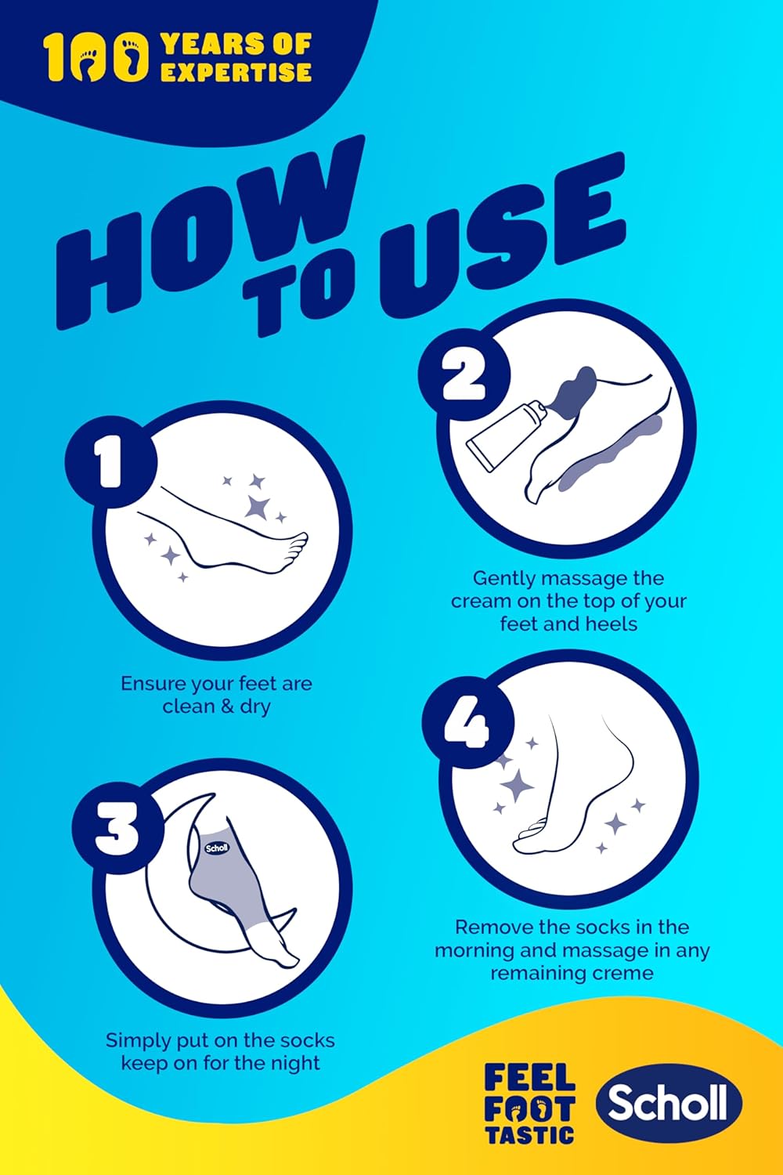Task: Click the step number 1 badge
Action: (110, 461)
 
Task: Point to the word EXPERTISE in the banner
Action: (236, 72)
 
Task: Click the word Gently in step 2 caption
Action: (503, 580)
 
